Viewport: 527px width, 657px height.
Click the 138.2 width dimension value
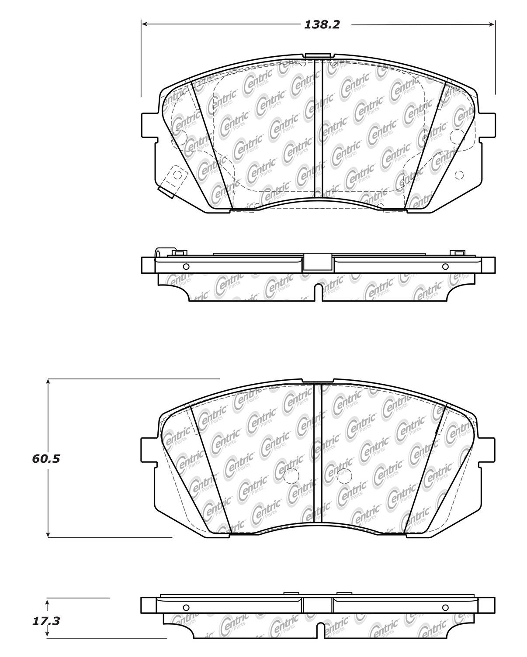[x=322, y=25]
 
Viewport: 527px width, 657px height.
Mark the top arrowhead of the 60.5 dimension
[x=48, y=382]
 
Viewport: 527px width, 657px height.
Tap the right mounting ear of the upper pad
[x=487, y=125]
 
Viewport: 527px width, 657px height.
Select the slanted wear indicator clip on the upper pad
[x=172, y=181]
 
